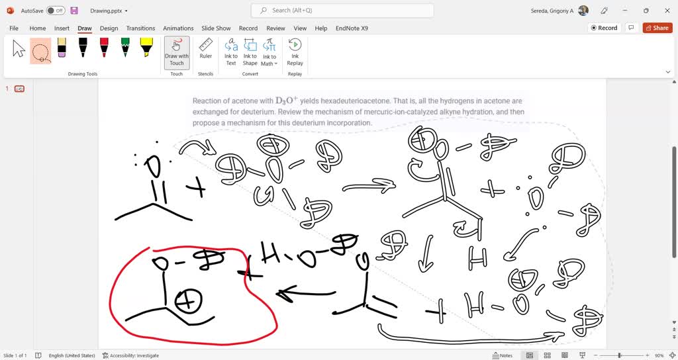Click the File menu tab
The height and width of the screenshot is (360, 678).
coord(14,28)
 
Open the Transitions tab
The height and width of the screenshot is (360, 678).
coord(140,28)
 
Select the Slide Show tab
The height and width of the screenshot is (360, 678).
coord(216,28)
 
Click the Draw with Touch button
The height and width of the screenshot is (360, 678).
coord(177,52)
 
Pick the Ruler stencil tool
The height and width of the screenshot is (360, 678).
coord(206,48)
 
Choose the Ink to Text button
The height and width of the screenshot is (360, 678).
coord(231,52)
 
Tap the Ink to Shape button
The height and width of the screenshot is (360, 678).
coord(250,52)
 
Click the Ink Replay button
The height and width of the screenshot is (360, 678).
coord(295,52)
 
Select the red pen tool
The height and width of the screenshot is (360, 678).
coord(104,47)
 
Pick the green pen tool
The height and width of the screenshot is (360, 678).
coord(125,47)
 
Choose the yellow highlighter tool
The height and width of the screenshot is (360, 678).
coord(146,47)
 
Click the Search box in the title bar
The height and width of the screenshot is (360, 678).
coord(342,11)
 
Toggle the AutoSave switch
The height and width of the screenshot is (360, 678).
coord(56,11)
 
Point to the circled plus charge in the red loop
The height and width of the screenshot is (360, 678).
coord(189,302)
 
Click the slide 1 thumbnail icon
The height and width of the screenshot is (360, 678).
coord(20,89)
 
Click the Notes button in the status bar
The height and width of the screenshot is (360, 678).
coord(503,355)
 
